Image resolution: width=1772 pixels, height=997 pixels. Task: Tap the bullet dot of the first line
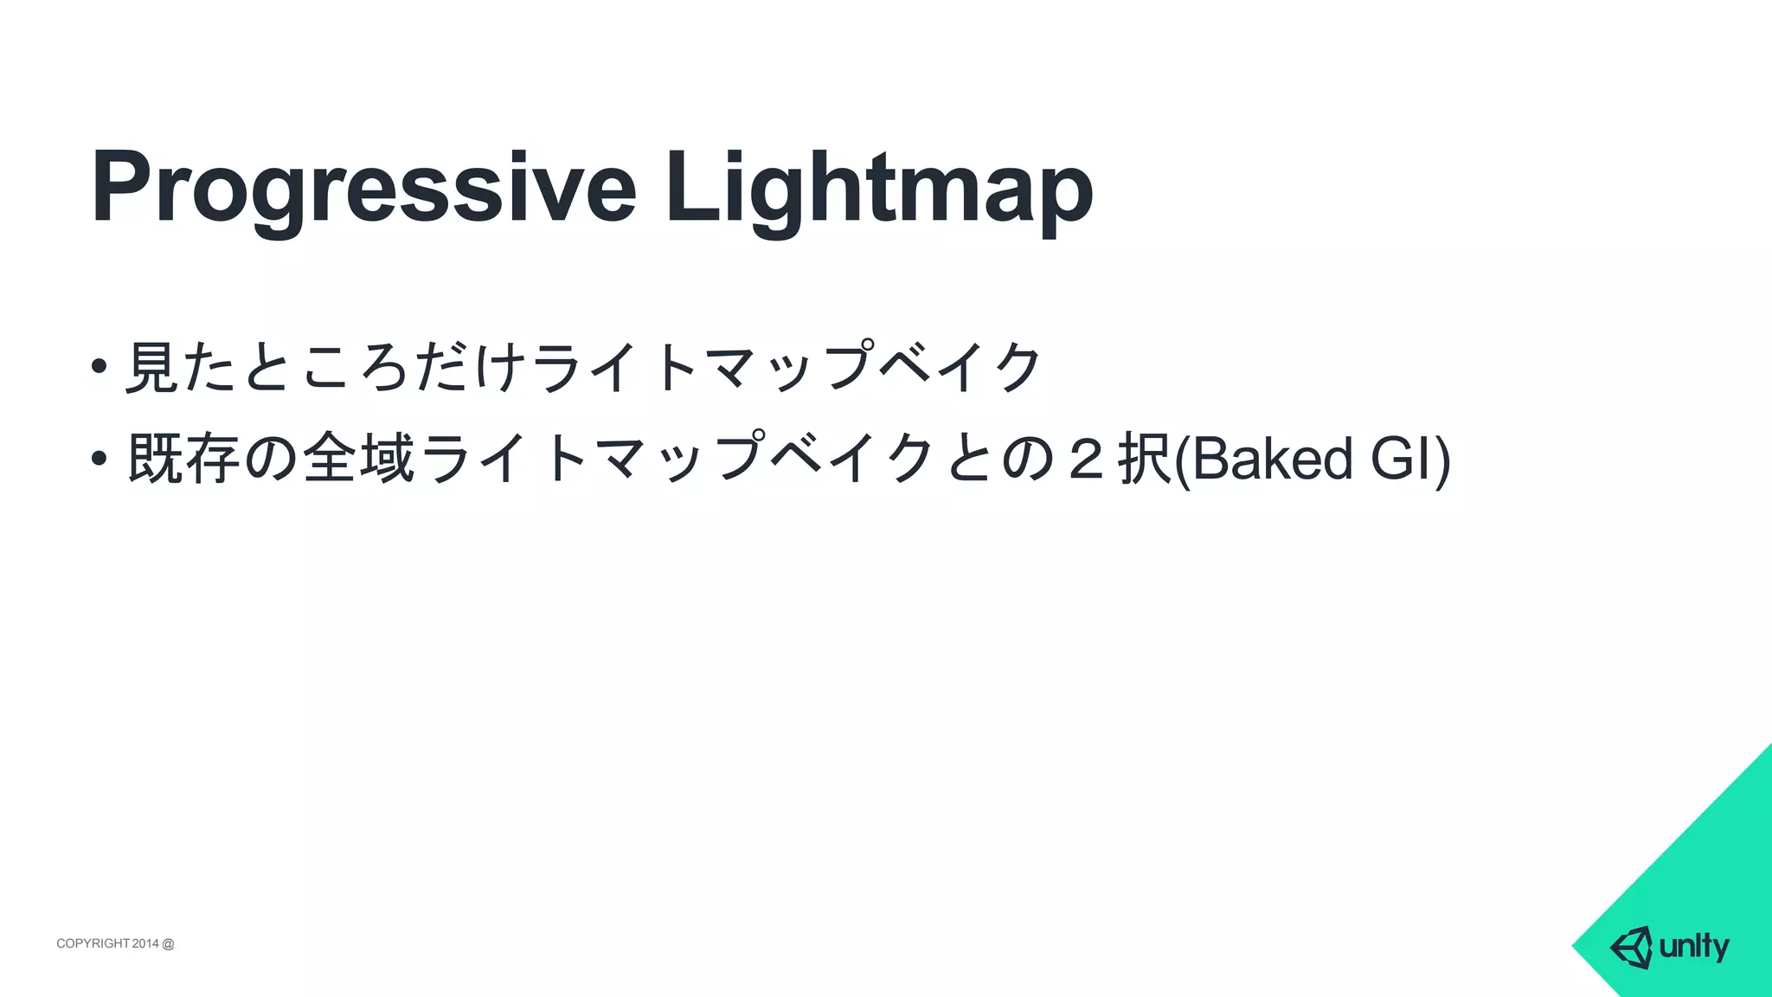(99, 365)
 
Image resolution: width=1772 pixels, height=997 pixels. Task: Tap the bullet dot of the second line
(99, 456)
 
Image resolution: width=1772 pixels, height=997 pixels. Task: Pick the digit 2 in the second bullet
(1082, 459)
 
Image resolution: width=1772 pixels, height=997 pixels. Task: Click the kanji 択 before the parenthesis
(1144, 458)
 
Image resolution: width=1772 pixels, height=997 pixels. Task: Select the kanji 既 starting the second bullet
(154, 458)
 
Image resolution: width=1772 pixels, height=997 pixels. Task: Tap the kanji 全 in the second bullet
(330, 458)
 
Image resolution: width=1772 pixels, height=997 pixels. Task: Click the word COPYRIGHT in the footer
(93, 943)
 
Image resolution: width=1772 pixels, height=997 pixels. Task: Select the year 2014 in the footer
(145, 943)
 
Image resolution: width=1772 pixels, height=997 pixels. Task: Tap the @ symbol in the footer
(168, 943)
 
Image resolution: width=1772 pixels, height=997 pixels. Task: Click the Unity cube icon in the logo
(1631, 947)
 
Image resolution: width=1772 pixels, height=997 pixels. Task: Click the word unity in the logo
(1694, 947)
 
